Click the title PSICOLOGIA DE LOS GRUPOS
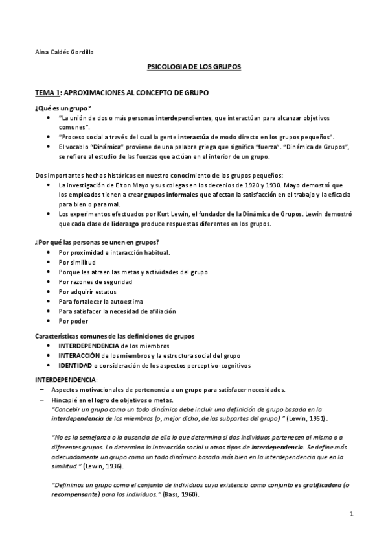tap(194, 67)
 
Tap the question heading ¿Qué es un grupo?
tap(62, 107)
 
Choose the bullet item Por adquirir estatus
tap(87, 291)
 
